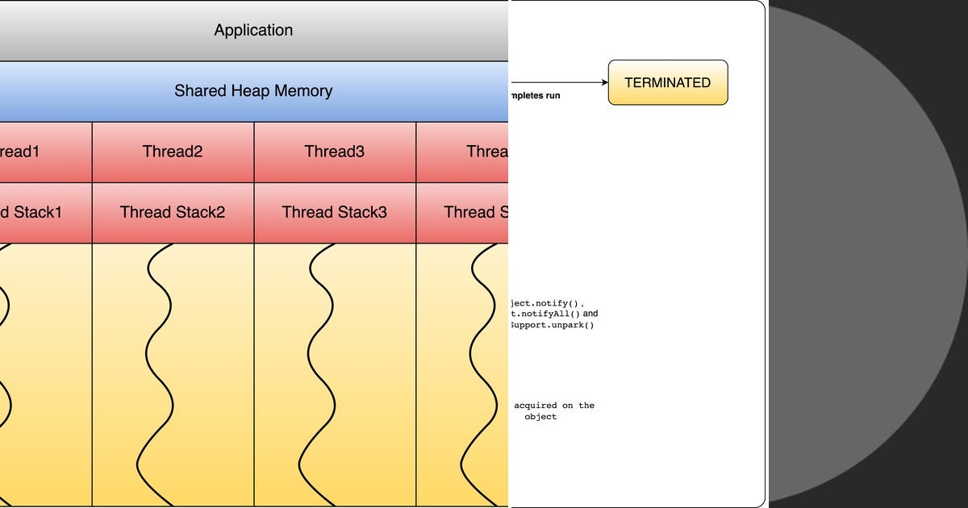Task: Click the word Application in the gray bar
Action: [x=253, y=31]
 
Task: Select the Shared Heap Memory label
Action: [x=253, y=90]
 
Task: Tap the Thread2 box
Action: [x=173, y=152]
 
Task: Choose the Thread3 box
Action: [x=335, y=152]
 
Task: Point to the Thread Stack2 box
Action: [x=173, y=212]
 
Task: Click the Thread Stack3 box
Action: [x=335, y=212]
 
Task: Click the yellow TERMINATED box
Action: [x=668, y=82]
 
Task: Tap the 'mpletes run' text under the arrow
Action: [x=535, y=96]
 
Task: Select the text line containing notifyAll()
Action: [x=554, y=314]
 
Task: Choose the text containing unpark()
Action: [x=552, y=325]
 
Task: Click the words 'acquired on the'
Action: [x=554, y=406]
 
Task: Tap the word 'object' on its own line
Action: [x=540, y=417]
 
